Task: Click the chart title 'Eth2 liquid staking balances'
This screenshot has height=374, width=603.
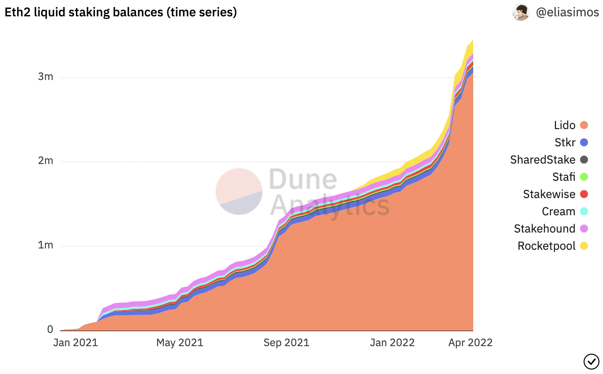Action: click(121, 12)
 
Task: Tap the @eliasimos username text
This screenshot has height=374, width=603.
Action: click(567, 12)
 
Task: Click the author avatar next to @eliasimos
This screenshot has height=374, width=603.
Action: click(520, 12)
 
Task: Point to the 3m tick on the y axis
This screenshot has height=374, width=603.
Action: click(45, 76)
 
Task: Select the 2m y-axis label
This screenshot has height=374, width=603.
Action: click(45, 160)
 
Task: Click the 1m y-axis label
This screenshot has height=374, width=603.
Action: click(45, 245)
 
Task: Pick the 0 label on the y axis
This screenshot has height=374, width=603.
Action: click(50, 329)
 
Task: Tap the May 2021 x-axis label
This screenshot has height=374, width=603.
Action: click(180, 343)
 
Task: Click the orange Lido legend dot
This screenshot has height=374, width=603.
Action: click(584, 125)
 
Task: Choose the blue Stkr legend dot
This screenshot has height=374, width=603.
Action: click(584, 142)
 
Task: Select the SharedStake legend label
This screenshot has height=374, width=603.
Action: click(543, 160)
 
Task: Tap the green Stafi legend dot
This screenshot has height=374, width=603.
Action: click(584, 177)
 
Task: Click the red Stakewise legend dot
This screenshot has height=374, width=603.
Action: click(584, 194)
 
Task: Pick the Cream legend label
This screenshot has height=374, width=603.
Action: click(558, 211)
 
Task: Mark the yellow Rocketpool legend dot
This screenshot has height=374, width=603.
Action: click(584, 246)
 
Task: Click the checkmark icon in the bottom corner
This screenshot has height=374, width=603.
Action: click(591, 361)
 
